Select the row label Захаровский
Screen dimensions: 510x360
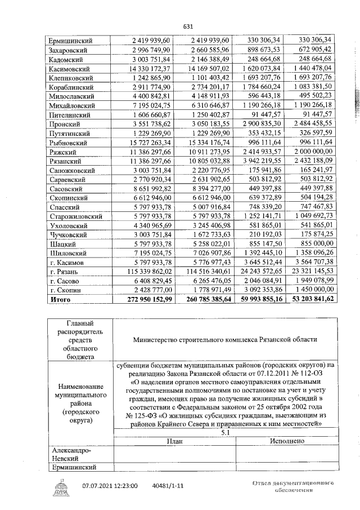click(70, 50)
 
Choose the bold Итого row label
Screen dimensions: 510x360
click(61, 299)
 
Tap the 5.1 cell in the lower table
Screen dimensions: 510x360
click(225, 432)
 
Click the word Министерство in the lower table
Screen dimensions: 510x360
click(159, 340)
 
